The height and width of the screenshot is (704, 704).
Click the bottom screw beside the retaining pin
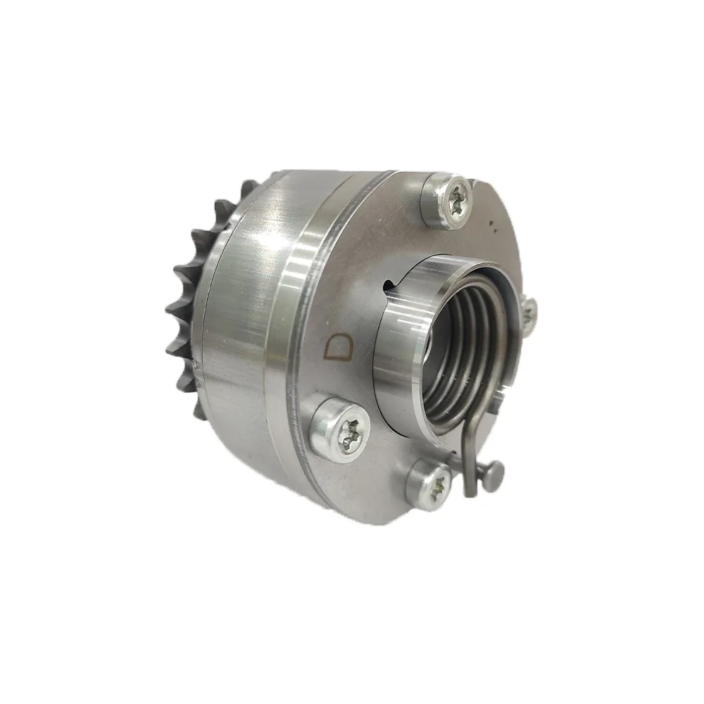429,484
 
